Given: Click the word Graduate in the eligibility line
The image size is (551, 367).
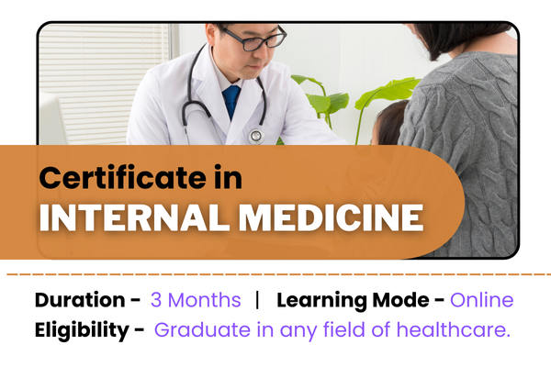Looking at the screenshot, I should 196,330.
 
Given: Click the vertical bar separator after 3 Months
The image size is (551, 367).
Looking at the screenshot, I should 258,300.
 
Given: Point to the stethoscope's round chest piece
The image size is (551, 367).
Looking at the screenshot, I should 256,135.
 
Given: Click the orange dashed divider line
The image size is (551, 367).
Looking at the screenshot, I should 275,273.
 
